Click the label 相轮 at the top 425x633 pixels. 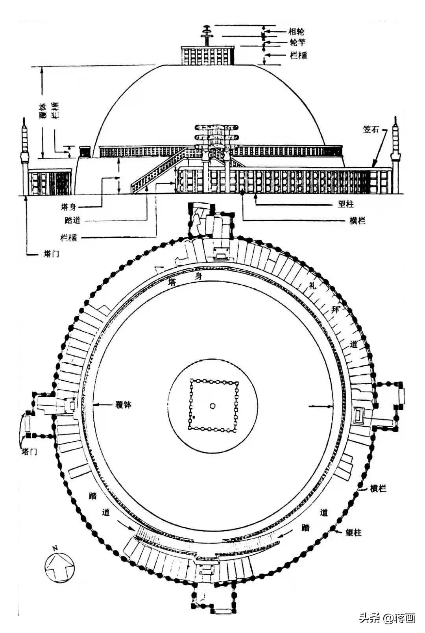point(296,31)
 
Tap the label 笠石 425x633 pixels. point(371,130)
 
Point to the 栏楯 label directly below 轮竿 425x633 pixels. point(298,55)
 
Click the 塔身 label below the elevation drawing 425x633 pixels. point(68,207)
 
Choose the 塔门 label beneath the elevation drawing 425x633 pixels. point(51,254)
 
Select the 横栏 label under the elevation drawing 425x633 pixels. point(357,221)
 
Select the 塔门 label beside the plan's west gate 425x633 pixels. point(29,451)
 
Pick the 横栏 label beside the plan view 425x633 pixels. point(378,489)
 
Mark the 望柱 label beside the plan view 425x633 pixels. point(353,533)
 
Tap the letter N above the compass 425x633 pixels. point(55,548)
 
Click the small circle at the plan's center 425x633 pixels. point(213,406)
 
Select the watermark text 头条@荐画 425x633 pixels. point(387,618)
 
